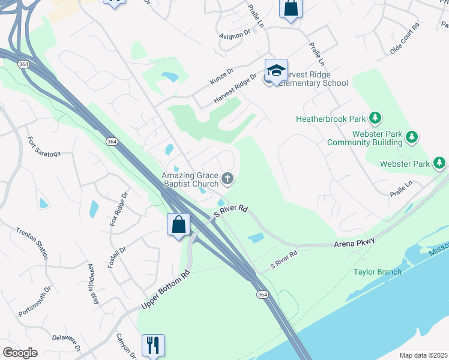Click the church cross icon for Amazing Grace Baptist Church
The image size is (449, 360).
(x=228, y=178)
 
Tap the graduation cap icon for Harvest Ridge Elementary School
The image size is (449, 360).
(x=276, y=71)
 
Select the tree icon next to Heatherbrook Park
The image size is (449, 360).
(x=375, y=118)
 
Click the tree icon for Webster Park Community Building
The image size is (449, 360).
(x=412, y=138)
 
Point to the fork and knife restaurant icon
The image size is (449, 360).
(x=152, y=345)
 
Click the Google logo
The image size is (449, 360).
(x=20, y=353)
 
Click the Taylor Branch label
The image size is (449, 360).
(x=377, y=272)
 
